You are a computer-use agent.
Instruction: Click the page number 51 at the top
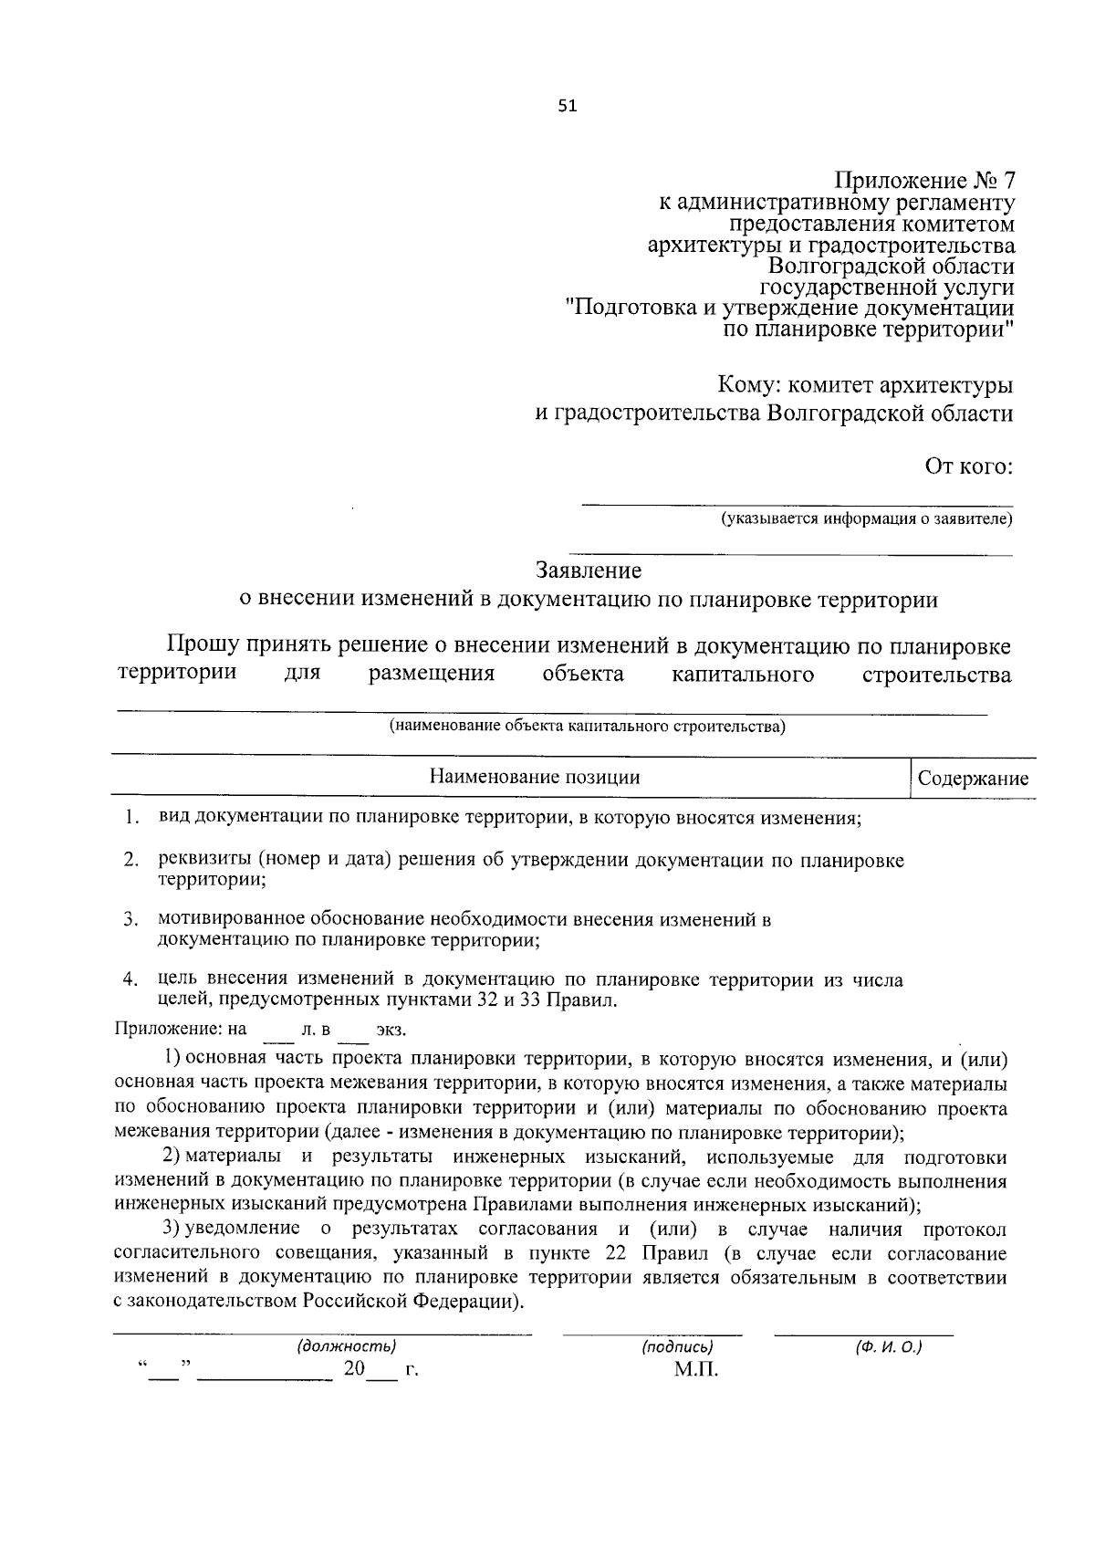click(x=567, y=106)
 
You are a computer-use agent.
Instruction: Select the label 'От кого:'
click(x=968, y=467)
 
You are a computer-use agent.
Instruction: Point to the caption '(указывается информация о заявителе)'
click(x=867, y=519)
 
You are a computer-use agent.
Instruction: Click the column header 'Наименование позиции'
click(x=535, y=778)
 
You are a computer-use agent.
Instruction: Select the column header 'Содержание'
click(x=973, y=779)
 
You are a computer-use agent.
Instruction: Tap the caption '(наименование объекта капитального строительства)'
click(x=587, y=727)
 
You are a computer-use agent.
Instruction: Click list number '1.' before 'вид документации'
click(x=132, y=817)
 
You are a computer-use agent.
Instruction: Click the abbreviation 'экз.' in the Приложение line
click(x=391, y=1030)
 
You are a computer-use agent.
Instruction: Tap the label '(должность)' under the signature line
click(x=346, y=1346)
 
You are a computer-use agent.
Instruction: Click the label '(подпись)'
click(x=676, y=1346)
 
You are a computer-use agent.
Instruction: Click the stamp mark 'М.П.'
click(x=696, y=1369)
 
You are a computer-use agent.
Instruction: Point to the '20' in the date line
click(x=354, y=1369)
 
